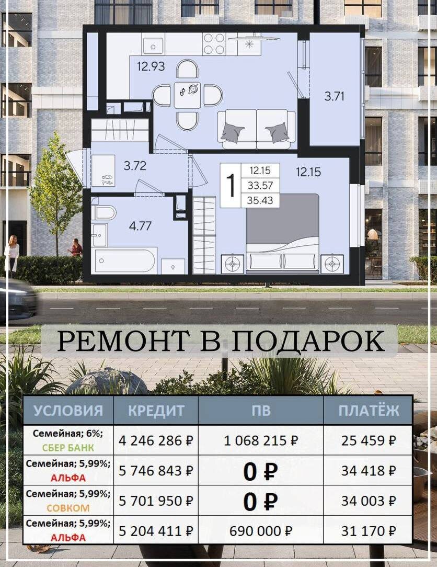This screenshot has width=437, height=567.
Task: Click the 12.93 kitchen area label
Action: point(151,66)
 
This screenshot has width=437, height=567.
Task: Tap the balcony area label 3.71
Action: point(335,96)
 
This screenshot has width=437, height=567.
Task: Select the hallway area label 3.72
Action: point(135,166)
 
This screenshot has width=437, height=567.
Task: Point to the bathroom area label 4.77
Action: point(140,226)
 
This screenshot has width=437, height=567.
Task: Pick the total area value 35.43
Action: point(260,200)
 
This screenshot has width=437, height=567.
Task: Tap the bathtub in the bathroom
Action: point(126,260)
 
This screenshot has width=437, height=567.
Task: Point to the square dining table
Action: point(187,95)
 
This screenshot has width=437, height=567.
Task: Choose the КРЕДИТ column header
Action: point(156,411)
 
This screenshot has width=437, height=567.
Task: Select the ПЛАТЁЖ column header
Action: point(369,411)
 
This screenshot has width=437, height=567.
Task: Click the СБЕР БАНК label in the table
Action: point(68,448)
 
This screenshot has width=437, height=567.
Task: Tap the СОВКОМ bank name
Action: point(68,508)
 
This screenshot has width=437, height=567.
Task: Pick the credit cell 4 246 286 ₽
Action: point(156,441)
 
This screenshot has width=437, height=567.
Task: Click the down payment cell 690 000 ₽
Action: point(261,531)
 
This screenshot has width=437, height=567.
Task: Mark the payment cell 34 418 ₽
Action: point(369,470)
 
